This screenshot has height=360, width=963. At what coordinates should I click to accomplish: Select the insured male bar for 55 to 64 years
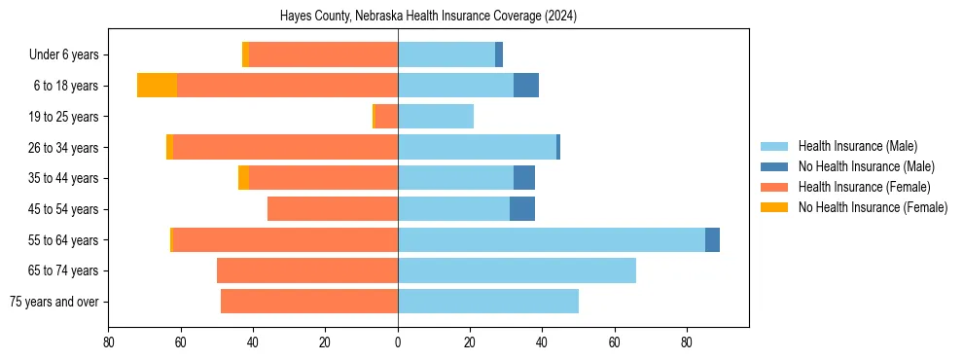(551, 239)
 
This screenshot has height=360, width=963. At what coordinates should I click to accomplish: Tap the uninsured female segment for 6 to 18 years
(157, 86)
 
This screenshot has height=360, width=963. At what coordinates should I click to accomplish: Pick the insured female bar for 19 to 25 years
(386, 117)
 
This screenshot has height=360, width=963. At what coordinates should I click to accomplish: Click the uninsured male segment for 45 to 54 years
(522, 209)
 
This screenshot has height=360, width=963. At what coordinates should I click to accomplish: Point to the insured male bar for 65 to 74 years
(517, 270)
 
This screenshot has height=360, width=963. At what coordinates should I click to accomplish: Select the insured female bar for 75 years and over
(309, 302)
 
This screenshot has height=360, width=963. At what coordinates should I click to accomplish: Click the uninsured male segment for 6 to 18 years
(526, 86)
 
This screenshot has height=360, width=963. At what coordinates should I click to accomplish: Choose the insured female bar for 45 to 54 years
(333, 209)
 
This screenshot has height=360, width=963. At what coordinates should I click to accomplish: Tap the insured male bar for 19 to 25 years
(436, 117)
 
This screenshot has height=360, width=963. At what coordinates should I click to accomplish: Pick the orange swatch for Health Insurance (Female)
(774, 187)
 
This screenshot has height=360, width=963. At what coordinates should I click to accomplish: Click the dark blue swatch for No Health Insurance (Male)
(774, 166)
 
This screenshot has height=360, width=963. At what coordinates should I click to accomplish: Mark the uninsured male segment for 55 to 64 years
(712, 239)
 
